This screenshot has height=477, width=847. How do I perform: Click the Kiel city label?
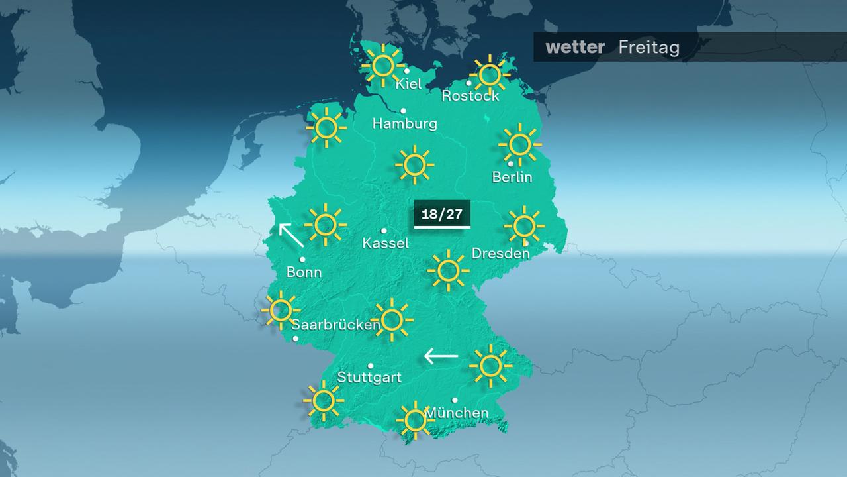[x=408, y=85]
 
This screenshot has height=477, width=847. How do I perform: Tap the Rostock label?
[x=470, y=96]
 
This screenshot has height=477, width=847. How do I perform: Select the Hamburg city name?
[x=405, y=123]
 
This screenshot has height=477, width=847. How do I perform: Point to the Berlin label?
[x=512, y=177]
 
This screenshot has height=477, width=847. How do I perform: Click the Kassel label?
[x=386, y=244]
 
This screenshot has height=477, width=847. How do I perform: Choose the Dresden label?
[x=501, y=254]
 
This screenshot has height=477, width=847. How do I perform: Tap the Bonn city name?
[x=304, y=272]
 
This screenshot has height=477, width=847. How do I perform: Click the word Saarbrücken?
[x=335, y=325]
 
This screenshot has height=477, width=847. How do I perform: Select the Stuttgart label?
[x=369, y=378]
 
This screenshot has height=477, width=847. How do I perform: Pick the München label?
[x=457, y=413]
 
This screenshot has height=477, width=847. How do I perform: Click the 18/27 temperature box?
[x=442, y=214]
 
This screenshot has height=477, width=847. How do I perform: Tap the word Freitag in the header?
[x=649, y=48]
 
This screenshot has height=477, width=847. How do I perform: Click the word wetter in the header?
[x=575, y=48]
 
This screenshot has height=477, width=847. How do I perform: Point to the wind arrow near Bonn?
[x=290, y=235]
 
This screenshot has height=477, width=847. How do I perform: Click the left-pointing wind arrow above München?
[x=441, y=356]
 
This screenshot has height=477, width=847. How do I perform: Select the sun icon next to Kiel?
[x=382, y=65]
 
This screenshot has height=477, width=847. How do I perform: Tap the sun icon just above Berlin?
[x=519, y=144]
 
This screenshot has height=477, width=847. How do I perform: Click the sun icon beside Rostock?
[x=490, y=75]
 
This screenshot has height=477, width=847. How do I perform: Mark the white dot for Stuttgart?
[x=371, y=366]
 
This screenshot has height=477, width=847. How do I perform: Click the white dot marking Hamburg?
[x=404, y=111]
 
